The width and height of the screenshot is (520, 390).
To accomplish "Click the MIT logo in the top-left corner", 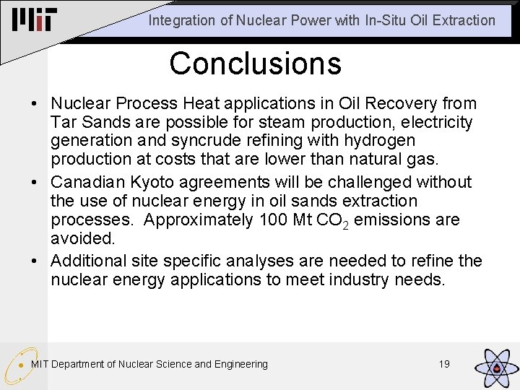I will click(34, 20).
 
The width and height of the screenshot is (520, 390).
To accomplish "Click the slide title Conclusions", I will click(255, 64).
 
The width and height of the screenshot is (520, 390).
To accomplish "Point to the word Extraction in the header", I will click(466, 21).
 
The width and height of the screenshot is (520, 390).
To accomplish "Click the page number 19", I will click(444, 364).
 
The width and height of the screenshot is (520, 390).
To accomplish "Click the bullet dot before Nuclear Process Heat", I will click(35, 105).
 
